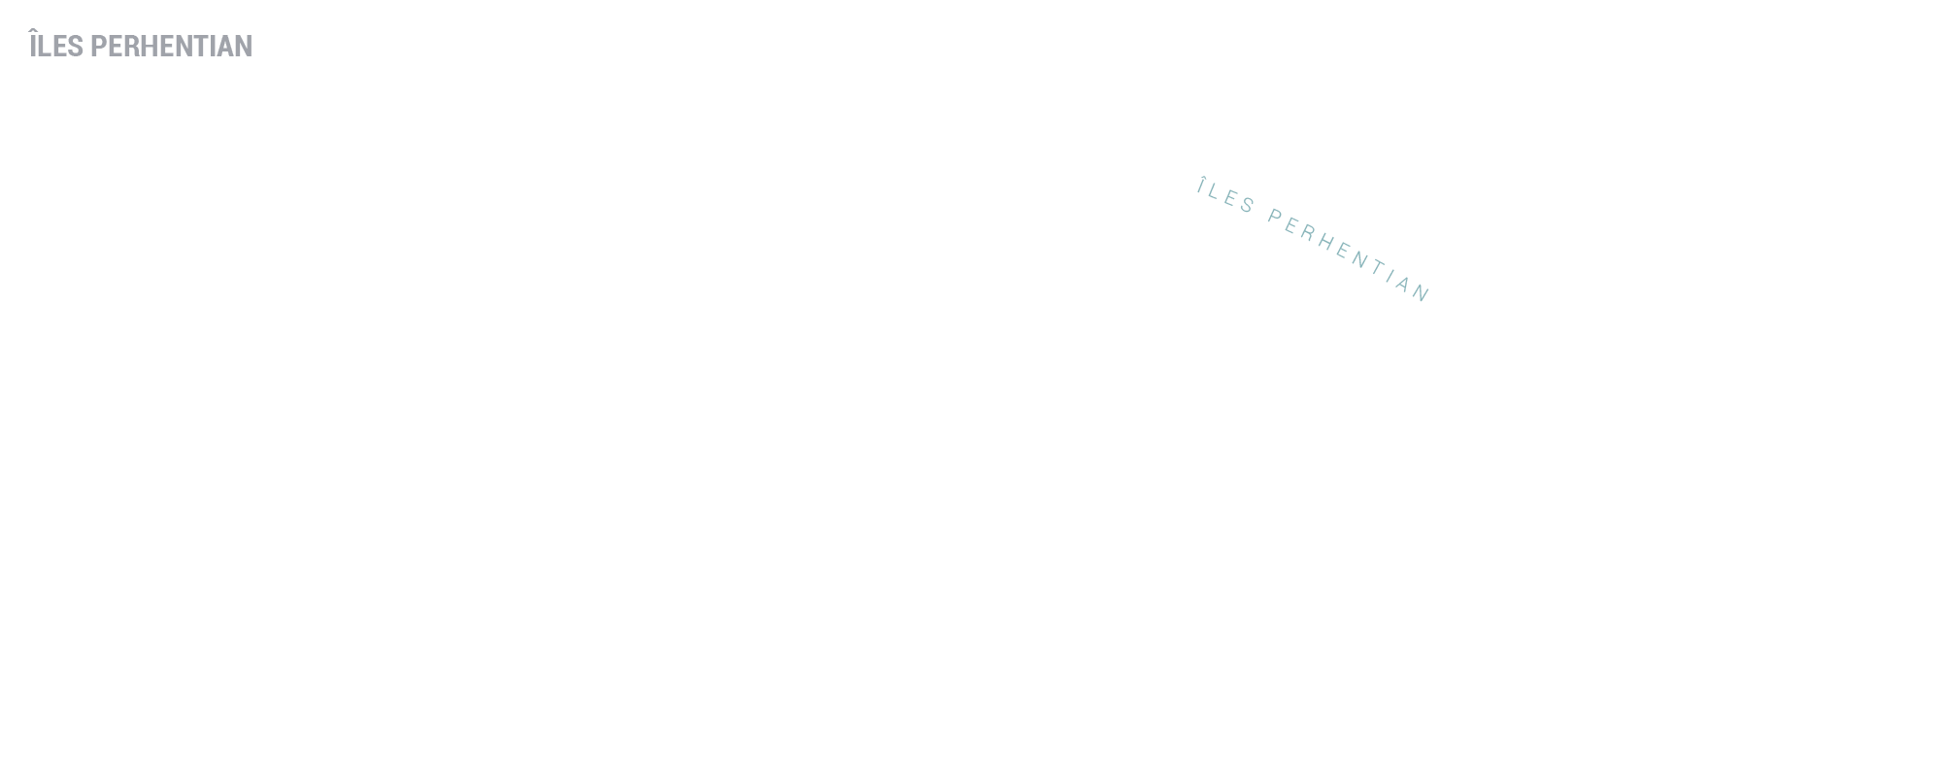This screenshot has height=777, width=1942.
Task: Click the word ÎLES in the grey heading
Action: point(56,45)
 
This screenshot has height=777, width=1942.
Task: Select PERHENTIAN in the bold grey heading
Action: point(171,47)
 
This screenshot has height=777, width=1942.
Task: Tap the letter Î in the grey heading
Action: point(34,45)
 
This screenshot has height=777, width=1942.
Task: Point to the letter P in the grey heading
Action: point(98,47)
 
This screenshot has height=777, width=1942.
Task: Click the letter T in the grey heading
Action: point(204,47)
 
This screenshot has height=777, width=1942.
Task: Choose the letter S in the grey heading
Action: point(76,47)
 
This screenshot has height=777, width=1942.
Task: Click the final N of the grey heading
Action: point(244,47)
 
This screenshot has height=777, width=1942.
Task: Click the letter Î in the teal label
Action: point(1203,186)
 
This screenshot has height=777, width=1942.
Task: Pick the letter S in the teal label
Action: point(1249,206)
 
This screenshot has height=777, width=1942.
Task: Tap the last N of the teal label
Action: point(1423,294)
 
